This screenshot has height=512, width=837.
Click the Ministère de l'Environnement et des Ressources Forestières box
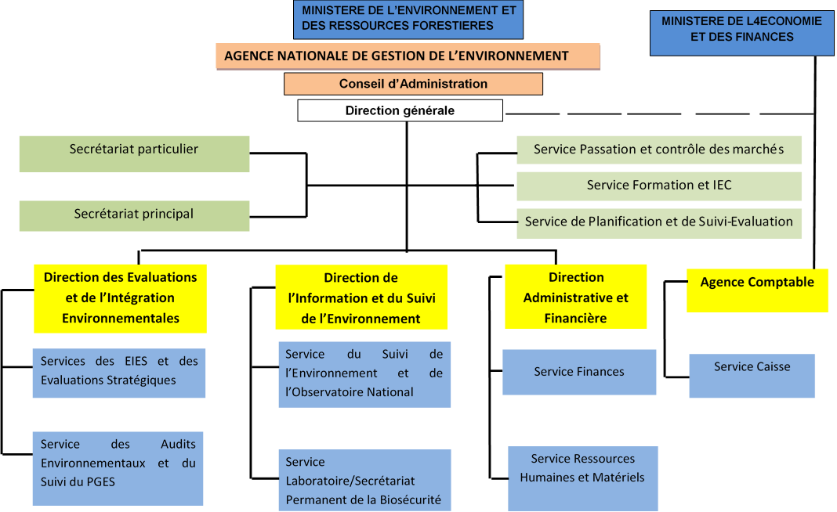point(408,19)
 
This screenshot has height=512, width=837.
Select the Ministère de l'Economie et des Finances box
point(741,34)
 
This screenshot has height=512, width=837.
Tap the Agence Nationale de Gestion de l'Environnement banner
point(408,56)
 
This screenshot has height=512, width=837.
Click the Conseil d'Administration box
point(413,84)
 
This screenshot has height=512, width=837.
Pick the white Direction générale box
point(400,110)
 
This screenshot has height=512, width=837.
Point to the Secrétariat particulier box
point(134,153)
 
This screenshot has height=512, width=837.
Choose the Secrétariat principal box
point(134,215)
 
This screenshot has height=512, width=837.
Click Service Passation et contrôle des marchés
point(659,150)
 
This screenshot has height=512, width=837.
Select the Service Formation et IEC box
point(659,186)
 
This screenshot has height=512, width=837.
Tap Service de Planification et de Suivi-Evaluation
point(659,222)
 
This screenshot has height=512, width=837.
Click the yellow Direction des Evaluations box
point(121,298)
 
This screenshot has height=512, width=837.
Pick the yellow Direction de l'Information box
point(361,297)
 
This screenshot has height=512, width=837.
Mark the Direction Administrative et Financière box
point(576,297)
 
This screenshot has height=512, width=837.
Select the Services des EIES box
point(119,373)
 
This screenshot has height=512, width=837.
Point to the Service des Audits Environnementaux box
point(118,467)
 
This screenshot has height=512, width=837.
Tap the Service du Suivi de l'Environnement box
point(364,373)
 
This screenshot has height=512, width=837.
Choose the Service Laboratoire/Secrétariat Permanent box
point(364,479)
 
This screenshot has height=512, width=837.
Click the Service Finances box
point(579,372)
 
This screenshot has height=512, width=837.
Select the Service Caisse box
point(752,376)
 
